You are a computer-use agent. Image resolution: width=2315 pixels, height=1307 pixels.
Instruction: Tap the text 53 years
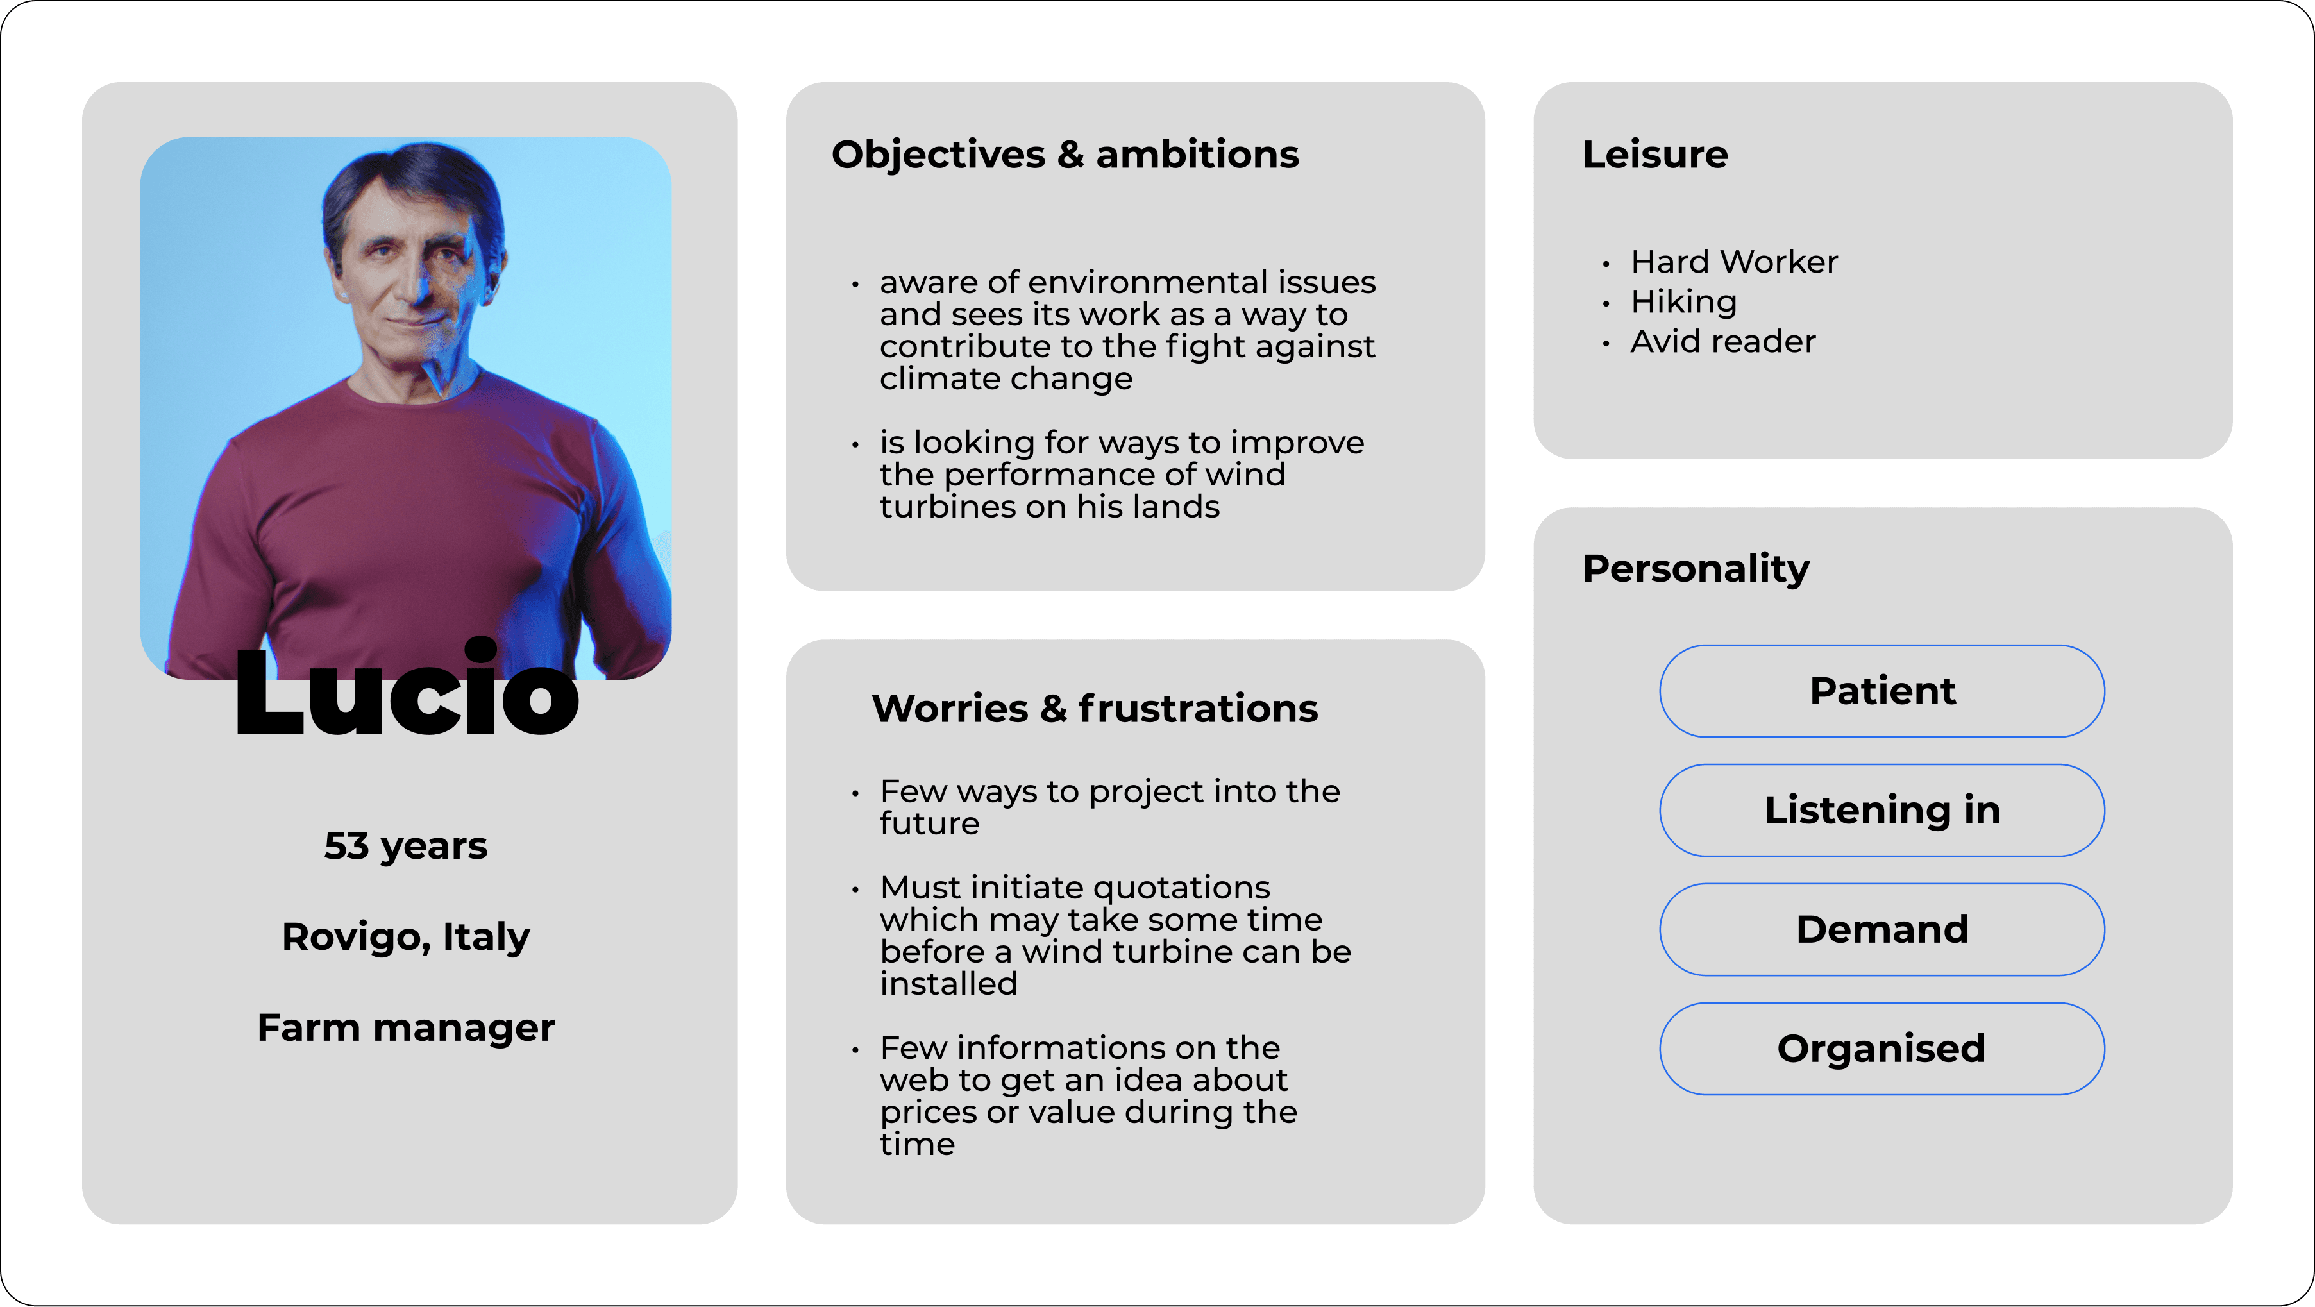pyautogui.click(x=405, y=847)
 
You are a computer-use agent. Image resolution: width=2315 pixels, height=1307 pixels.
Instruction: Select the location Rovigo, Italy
pyautogui.click(x=405, y=938)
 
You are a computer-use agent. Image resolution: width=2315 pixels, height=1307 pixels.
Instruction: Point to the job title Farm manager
pyautogui.click(x=405, y=1028)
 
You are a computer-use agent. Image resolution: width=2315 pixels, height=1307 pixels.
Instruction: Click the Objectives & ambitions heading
pyautogui.click(x=1065, y=155)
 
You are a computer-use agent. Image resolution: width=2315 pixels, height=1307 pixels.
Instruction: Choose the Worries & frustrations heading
pyautogui.click(x=1095, y=709)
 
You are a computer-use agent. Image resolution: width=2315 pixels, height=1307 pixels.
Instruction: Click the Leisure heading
pyautogui.click(x=1654, y=155)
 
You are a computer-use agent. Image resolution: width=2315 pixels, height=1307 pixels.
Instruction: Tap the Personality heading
pyautogui.click(x=1696, y=568)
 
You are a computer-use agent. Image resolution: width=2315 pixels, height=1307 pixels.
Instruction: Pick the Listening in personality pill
pyautogui.click(x=1882, y=810)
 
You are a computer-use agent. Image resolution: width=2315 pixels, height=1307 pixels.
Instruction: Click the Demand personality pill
pyautogui.click(x=1882, y=929)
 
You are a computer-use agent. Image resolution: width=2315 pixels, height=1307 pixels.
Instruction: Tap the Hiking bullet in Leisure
pyautogui.click(x=1683, y=302)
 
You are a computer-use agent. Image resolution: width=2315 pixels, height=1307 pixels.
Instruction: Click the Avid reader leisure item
pyautogui.click(x=1722, y=342)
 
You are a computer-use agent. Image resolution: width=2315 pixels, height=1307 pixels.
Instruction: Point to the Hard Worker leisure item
pyautogui.click(x=1733, y=262)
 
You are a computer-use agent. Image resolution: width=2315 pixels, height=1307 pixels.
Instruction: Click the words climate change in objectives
pyautogui.click(x=1006, y=379)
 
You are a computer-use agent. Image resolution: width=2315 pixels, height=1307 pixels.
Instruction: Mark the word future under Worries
pyautogui.click(x=929, y=823)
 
